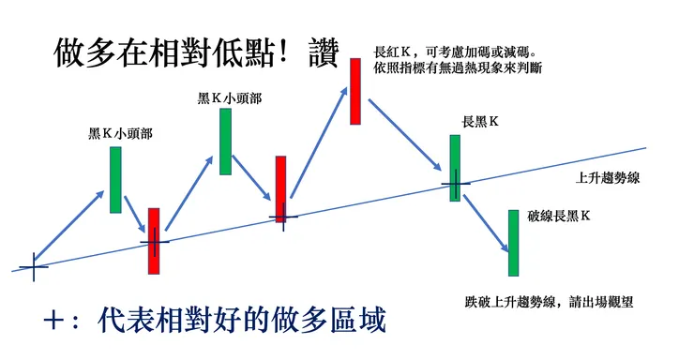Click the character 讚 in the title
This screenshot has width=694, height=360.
pos(324,52)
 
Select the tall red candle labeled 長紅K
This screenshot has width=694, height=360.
pos(355,92)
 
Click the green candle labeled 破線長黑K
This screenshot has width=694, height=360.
pos(513,243)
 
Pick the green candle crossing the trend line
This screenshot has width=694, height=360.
pos(455,168)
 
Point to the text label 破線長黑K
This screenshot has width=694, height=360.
pos(559,216)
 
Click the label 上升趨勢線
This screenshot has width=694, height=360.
pos(608,178)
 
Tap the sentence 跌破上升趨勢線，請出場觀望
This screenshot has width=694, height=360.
pos(550,302)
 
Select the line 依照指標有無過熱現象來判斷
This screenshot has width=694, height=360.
pos(458,68)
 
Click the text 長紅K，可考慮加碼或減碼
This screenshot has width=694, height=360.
pos(456,52)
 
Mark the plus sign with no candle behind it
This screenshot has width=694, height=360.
pos(34,267)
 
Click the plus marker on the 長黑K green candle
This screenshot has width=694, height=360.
pos(456,184)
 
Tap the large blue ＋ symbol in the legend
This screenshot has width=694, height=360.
pos(54,321)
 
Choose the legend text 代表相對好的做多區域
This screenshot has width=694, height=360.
pos(241,320)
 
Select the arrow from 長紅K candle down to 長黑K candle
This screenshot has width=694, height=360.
pos(405,135)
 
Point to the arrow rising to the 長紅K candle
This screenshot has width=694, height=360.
pos(319,142)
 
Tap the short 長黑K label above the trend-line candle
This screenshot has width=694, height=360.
pos(480,121)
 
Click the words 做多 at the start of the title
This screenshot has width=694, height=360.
pos(84,52)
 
